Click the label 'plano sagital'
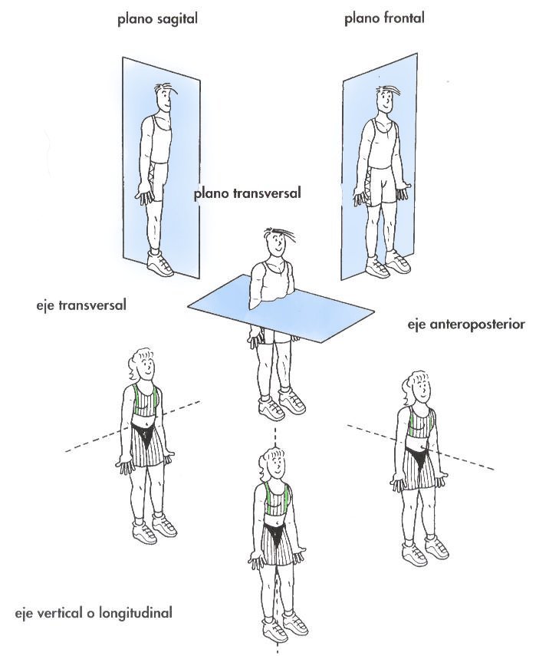point(156,20)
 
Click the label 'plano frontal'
point(384,18)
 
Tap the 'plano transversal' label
point(248,193)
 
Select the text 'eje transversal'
point(81,305)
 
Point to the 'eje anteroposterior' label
point(465,325)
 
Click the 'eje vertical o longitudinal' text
point(94,614)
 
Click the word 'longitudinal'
point(136,614)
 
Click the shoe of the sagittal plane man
point(160,263)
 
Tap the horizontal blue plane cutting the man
point(281,308)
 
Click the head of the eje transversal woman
point(143,364)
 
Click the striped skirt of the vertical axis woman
point(276,544)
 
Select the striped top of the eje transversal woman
point(146,400)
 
